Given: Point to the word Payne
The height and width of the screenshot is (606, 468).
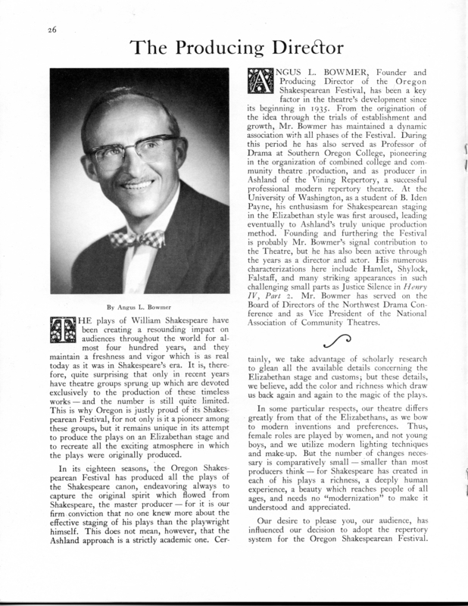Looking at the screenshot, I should click(x=264, y=205).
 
